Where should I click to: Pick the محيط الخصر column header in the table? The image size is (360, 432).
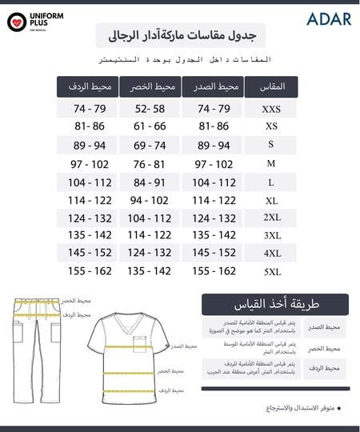click(150, 86)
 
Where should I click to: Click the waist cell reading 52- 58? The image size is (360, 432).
click(150, 109)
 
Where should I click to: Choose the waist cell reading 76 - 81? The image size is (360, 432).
click(150, 163)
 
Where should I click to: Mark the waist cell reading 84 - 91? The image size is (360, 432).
click(150, 182)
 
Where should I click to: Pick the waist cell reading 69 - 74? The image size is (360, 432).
click(150, 145)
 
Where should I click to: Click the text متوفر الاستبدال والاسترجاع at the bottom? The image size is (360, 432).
click(300, 408)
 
